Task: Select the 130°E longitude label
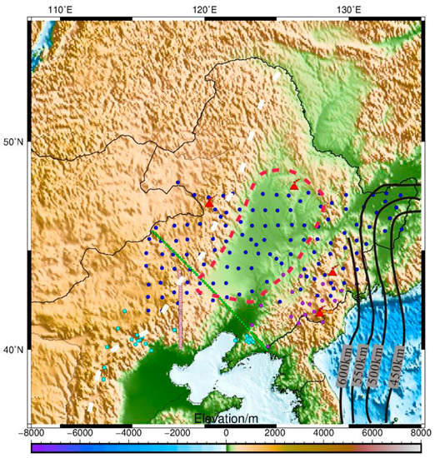[x=348, y=9]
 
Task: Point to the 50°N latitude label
[x=14, y=142]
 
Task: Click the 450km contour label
[x=398, y=361]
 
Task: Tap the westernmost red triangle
[x=209, y=202]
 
